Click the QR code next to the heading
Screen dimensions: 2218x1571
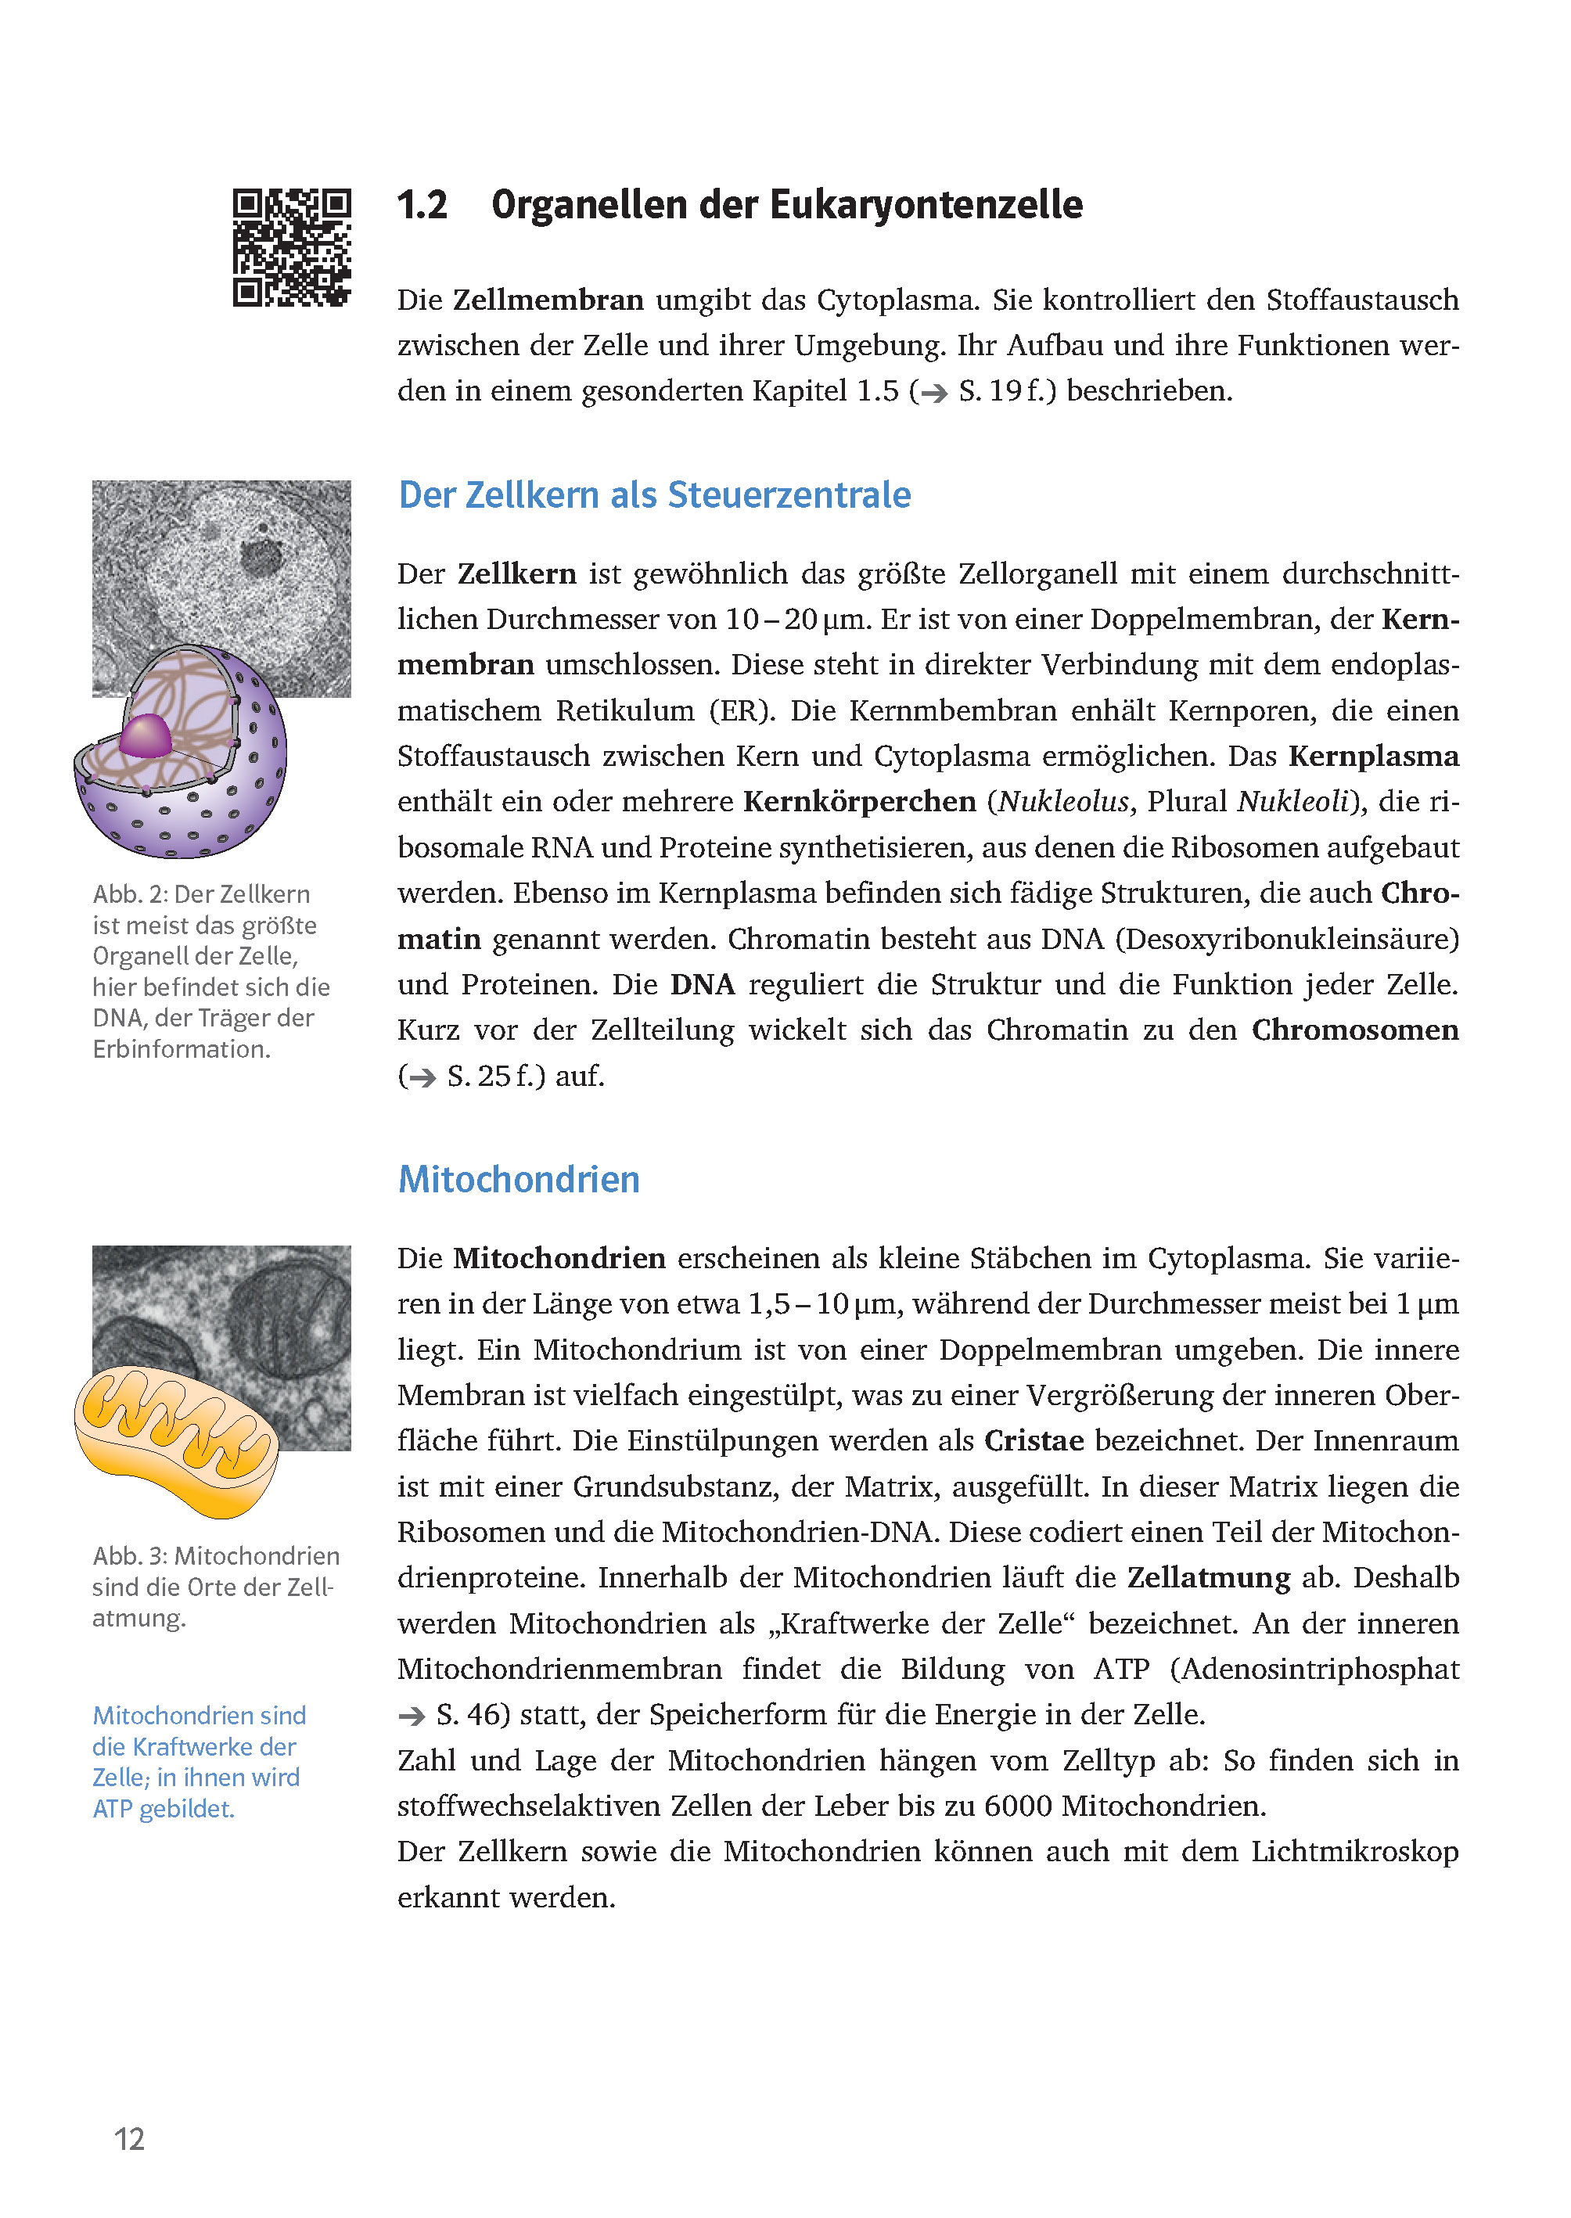coord(291,248)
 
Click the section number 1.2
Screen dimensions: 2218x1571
coord(422,205)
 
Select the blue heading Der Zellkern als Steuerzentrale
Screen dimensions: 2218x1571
coord(654,495)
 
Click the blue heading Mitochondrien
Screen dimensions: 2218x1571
coord(519,1179)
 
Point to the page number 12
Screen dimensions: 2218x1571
coord(130,2139)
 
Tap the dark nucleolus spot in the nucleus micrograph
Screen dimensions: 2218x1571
coord(261,556)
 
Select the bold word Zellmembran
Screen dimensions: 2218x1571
coord(548,300)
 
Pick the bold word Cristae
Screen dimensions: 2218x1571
coord(1034,1441)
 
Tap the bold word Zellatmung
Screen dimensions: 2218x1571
coord(1208,1578)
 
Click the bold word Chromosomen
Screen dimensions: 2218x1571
coord(1354,1030)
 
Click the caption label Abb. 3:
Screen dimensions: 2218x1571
coord(130,1555)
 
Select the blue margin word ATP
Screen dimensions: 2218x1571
coord(112,1809)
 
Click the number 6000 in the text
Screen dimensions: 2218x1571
coord(1018,1806)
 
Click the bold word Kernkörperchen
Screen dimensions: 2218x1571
coord(859,802)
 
